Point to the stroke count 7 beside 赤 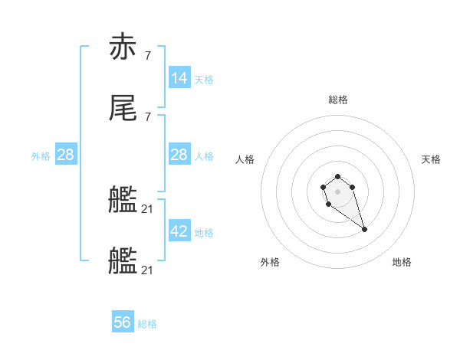(x=147, y=55)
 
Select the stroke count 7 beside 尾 (x=147, y=116)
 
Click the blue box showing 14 (x=179, y=77)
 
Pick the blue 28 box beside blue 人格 (x=179, y=155)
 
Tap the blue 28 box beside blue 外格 (x=66, y=155)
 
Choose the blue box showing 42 (x=179, y=231)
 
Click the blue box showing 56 (x=123, y=322)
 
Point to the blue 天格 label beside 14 (x=204, y=79)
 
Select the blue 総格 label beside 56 (x=147, y=324)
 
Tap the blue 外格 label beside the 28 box (x=41, y=156)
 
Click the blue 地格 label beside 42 (x=204, y=233)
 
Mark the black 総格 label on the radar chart (x=338, y=100)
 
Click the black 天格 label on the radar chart (x=432, y=159)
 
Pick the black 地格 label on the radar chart (x=402, y=262)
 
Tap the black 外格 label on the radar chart (x=270, y=262)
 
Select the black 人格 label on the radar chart (x=245, y=159)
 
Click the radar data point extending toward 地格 (x=364, y=229)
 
